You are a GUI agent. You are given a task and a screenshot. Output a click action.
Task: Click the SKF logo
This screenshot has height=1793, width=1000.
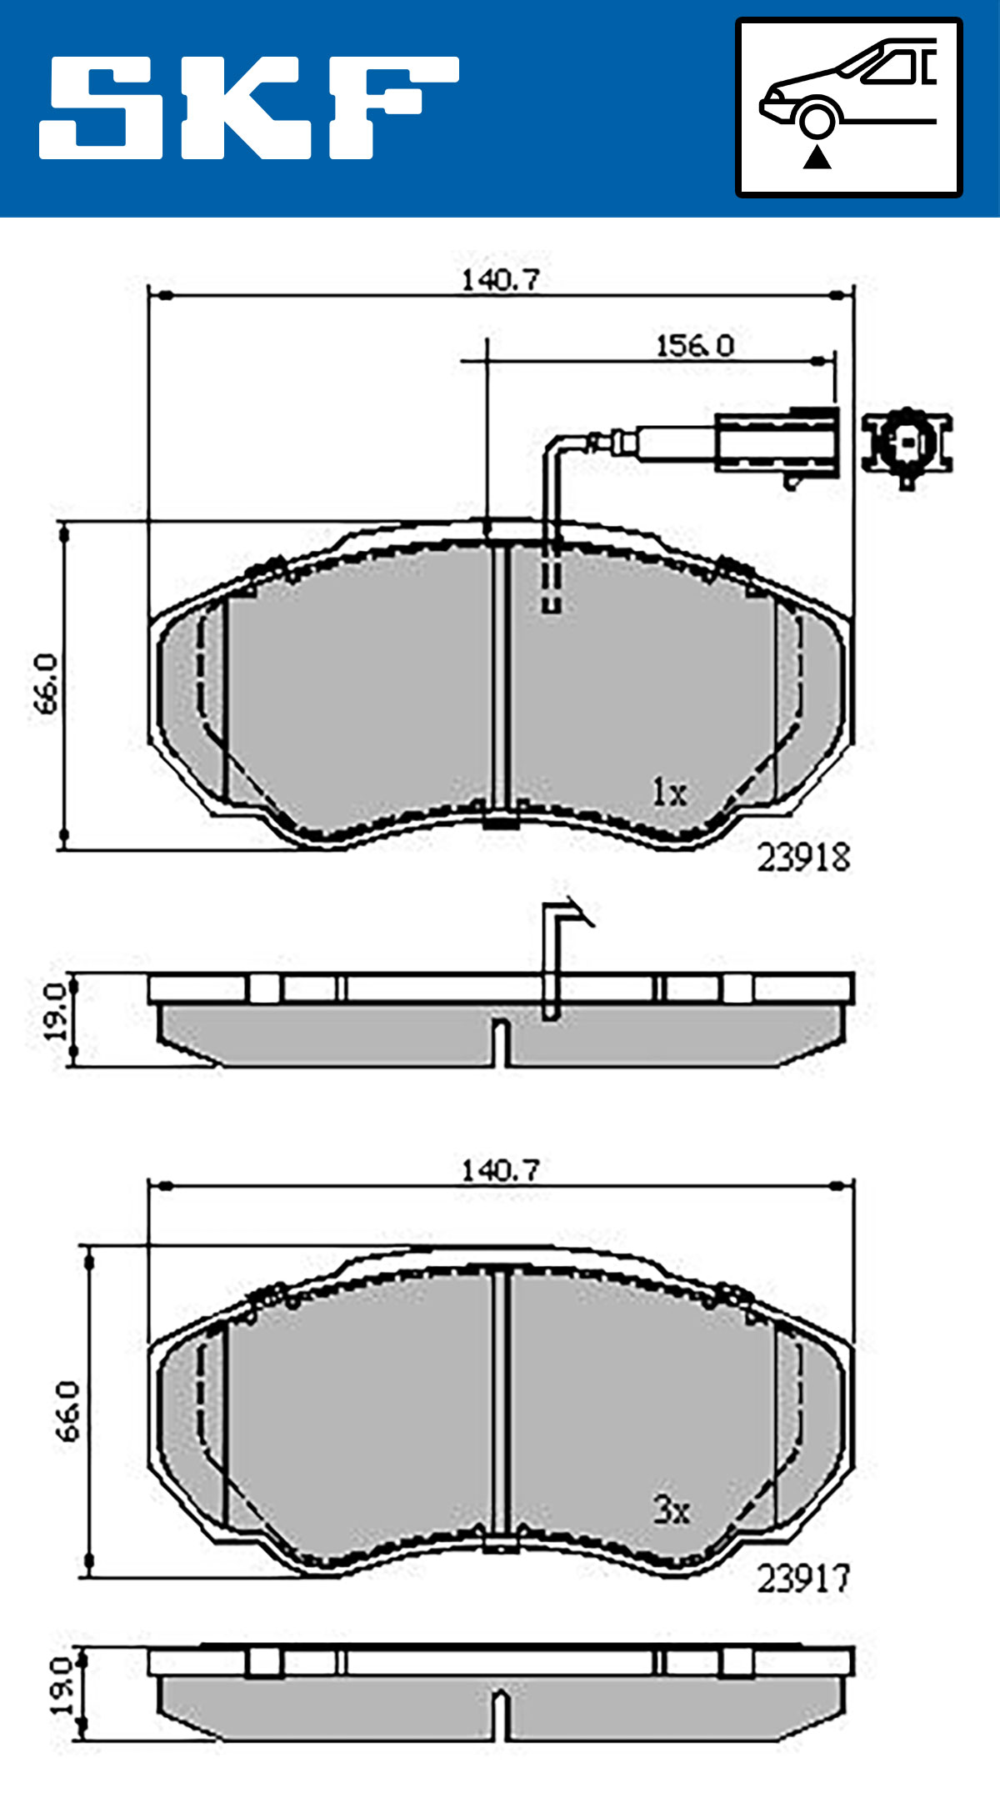248,108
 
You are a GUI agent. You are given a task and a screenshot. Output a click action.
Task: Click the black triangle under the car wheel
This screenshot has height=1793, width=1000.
817,156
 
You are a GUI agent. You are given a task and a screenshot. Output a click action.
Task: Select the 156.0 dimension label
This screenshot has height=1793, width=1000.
694,345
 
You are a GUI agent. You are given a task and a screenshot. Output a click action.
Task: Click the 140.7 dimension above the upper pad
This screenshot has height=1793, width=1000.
501,280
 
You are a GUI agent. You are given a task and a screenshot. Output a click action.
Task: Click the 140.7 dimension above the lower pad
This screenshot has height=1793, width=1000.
501,1170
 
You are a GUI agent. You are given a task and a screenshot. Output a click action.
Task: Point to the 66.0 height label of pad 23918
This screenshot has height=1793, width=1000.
47,684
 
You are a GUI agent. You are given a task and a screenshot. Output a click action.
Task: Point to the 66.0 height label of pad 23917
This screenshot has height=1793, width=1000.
68,1411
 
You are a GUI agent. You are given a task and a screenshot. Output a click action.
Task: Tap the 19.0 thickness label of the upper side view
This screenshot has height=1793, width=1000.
56,1011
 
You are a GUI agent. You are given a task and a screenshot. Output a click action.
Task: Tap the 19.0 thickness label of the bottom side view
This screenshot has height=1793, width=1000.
62,1685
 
